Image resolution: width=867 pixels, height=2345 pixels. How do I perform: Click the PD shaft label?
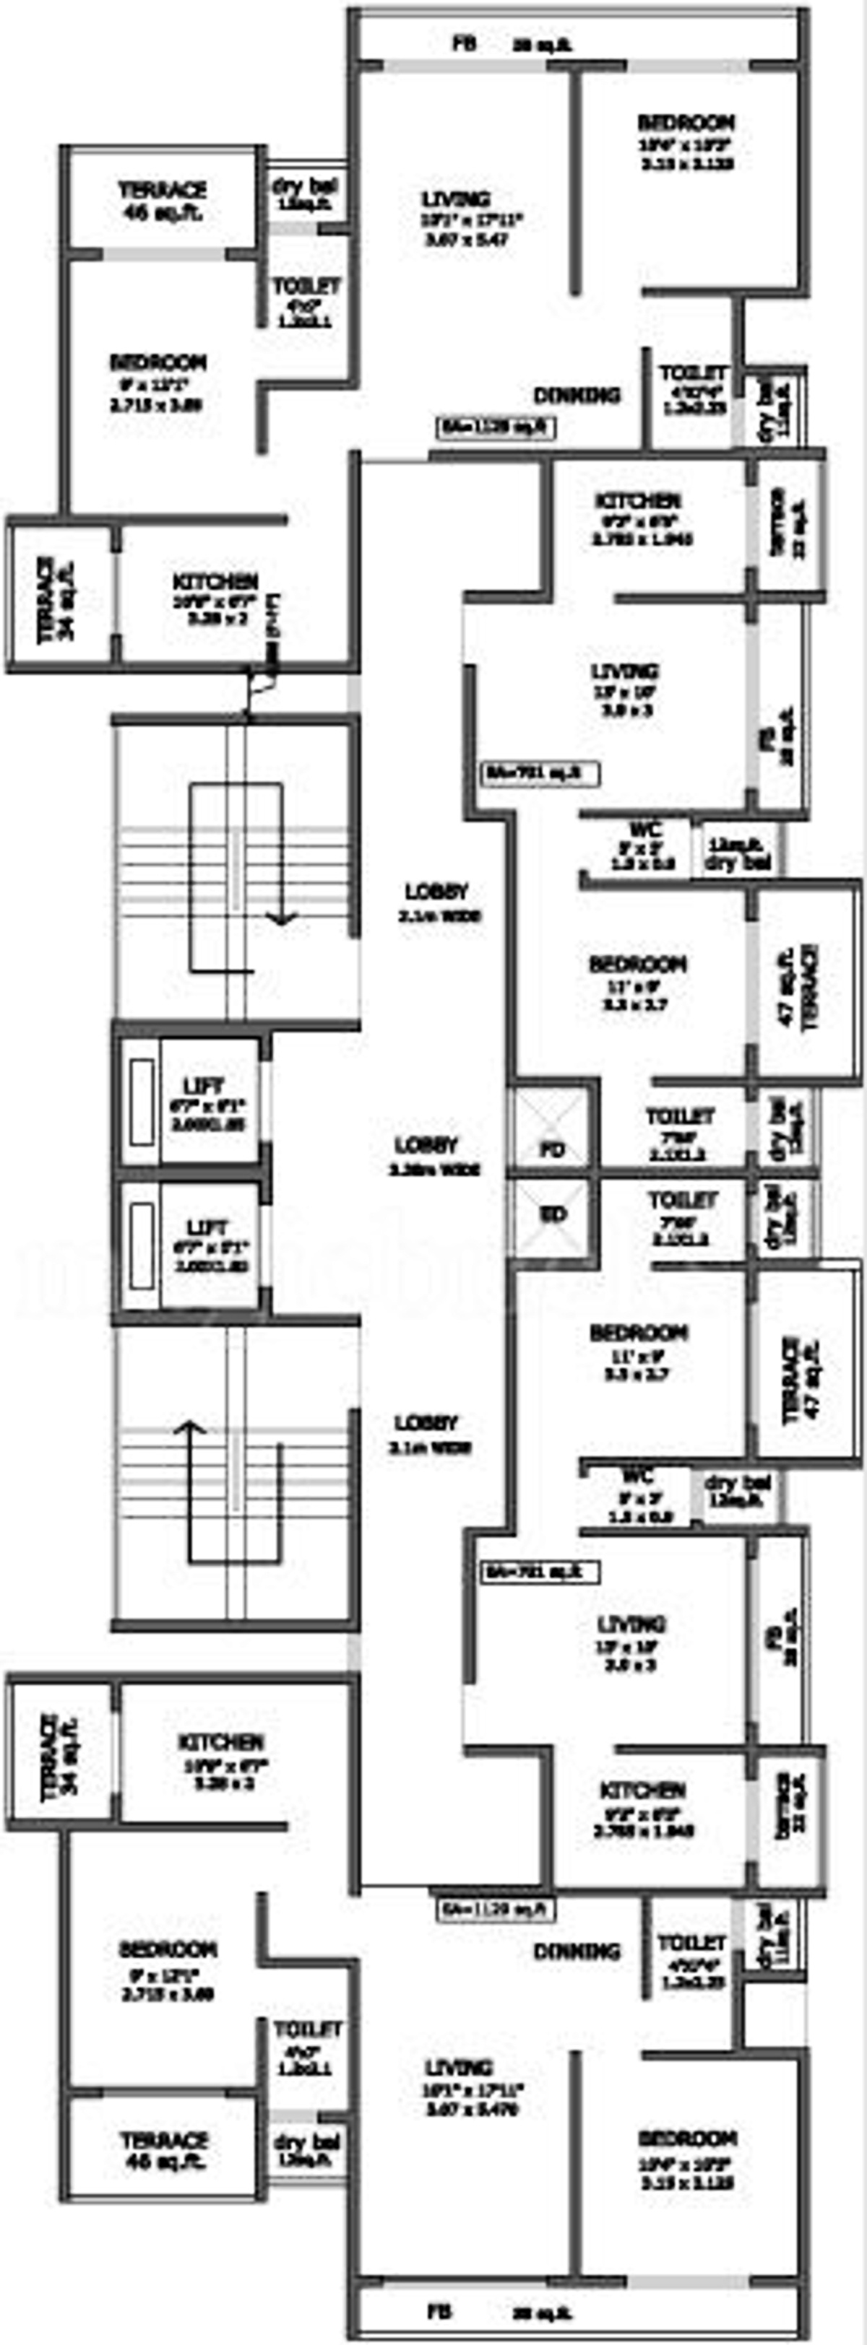coord(552,1149)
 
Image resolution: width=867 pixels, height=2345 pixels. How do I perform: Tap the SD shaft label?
coord(553,1214)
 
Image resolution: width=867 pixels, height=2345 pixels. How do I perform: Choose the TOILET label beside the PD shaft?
coord(679,1116)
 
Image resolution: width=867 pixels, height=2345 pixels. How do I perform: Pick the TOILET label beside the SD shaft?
coord(682,1201)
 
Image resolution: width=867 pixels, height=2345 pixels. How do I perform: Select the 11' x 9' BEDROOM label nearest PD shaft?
coord(637,963)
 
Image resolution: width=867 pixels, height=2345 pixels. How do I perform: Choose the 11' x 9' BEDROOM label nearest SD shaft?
coord(639,1333)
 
